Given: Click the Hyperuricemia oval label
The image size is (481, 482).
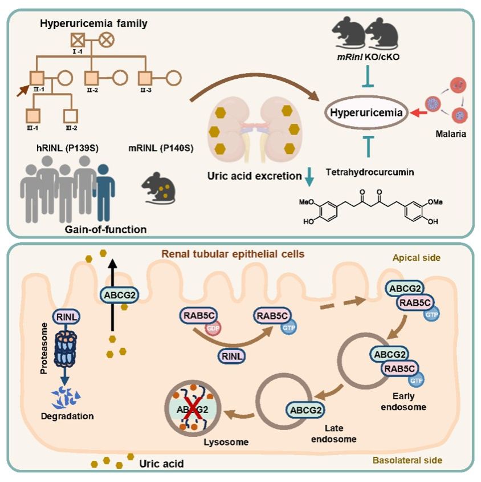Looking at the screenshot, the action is [x=366, y=113].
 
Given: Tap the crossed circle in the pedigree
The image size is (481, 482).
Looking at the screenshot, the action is [x=106, y=40].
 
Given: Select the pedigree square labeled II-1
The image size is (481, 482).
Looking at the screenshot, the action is [x=37, y=78].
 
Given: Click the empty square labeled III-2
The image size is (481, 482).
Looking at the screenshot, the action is [x=71, y=116].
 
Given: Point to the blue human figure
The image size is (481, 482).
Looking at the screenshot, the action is [x=104, y=192].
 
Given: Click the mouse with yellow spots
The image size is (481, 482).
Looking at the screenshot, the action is [x=158, y=188].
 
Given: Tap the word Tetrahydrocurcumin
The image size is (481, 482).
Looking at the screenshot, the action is [x=370, y=172].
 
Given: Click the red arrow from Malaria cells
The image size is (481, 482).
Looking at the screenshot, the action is [x=418, y=113].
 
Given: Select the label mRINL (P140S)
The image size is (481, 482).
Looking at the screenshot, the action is [x=161, y=148].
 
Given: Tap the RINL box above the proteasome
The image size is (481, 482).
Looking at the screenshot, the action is [x=66, y=317].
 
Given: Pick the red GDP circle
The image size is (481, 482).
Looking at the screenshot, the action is [x=213, y=329].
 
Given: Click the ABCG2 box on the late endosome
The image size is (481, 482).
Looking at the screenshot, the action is [x=305, y=410].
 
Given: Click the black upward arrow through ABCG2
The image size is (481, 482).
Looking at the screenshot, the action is [x=113, y=295].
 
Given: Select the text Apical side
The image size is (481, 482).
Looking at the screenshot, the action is [x=417, y=258].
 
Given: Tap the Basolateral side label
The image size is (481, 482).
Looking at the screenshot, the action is [x=407, y=460].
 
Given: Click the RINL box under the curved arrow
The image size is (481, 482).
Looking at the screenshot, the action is [x=231, y=357].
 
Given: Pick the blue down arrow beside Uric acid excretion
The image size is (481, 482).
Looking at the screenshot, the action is [x=309, y=176].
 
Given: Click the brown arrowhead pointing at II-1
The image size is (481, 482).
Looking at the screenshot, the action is [x=23, y=91].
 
